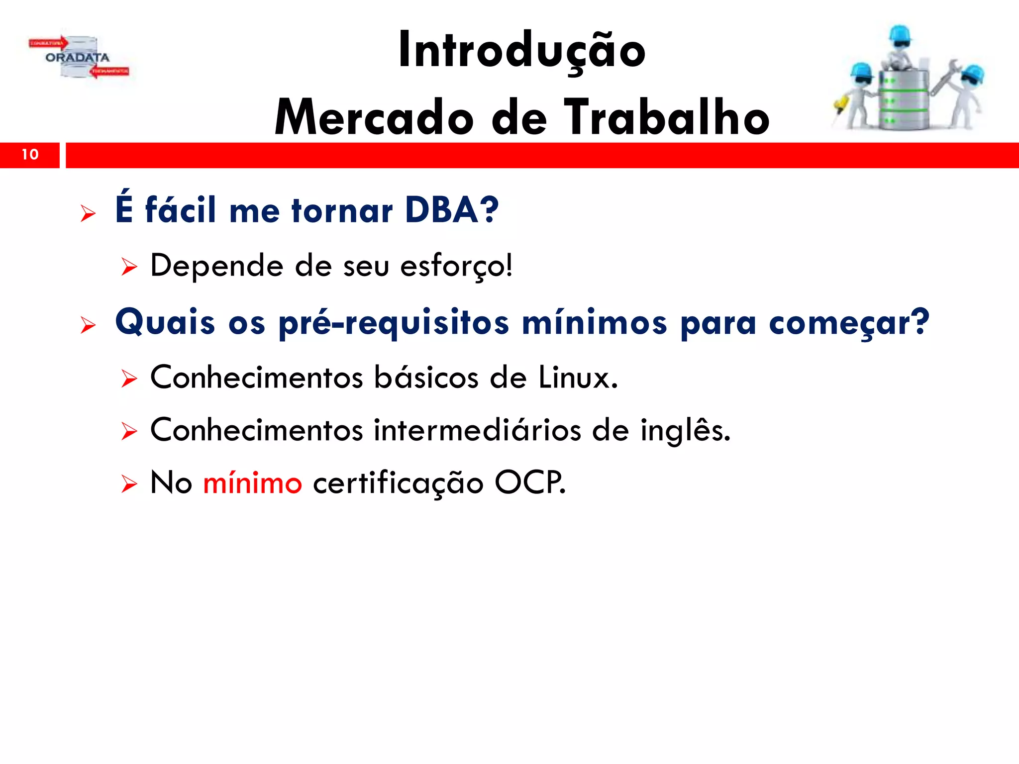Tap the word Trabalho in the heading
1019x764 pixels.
click(x=667, y=118)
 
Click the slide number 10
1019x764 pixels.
click(x=30, y=155)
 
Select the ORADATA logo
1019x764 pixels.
click(x=78, y=58)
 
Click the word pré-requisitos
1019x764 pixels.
click(x=393, y=323)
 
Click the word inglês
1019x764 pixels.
click(x=684, y=430)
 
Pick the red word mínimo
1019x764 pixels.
click(x=252, y=483)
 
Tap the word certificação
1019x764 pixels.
click(x=398, y=483)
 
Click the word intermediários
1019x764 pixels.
click(x=477, y=430)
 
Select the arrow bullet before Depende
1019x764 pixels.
click(x=129, y=268)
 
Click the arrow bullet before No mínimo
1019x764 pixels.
click(x=129, y=484)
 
